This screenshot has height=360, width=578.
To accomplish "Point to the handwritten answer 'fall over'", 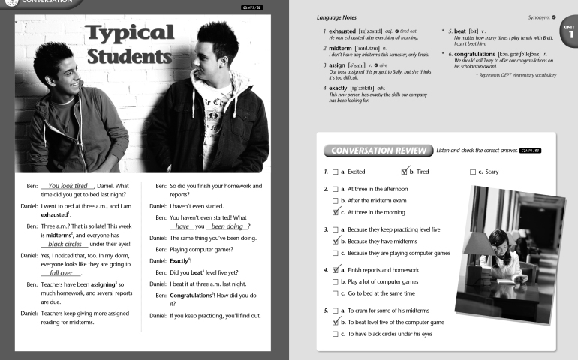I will [x=61, y=274].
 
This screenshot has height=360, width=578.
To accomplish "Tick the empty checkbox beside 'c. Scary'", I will [x=473, y=172].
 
